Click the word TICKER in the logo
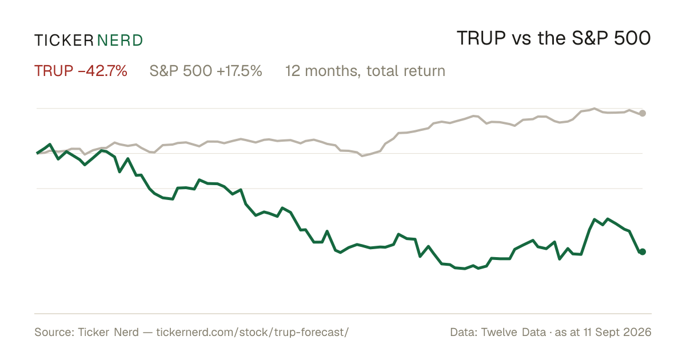(x=63, y=41)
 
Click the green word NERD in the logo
(x=119, y=41)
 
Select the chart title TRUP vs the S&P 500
(x=554, y=38)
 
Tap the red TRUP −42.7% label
(x=81, y=71)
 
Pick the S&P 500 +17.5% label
(x=206, y=71)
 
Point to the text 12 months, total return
(x=365, y=71)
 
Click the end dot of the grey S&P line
(x=643, y=113)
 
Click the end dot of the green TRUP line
(x=643, y=251)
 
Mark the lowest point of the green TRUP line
(x=465, y=269)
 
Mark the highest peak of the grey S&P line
(x=595, y=109)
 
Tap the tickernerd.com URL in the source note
(x=252, y=332)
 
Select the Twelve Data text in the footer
(x=513, y=332)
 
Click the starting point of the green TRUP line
(x=37, y=153)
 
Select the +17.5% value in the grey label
(x=239, y=71)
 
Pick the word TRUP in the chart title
(x=481, y=38)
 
